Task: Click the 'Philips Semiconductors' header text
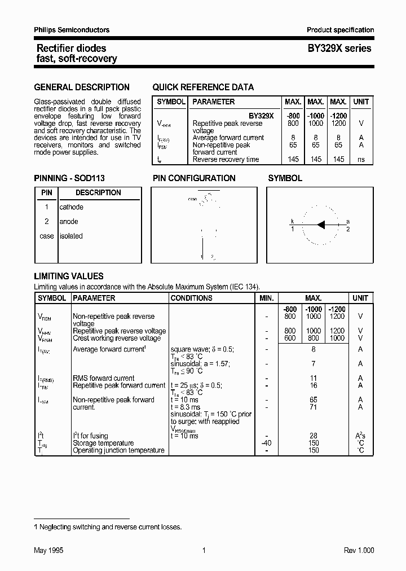pos(72,30)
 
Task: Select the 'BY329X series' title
pos(339,49)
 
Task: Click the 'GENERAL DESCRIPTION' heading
pos(82,87)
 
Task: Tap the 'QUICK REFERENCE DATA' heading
pos(203,87)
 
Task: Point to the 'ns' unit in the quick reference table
pos(361,160)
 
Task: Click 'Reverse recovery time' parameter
pos(226,160)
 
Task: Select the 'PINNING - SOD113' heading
pos(69,178)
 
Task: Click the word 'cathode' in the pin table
pos(72,208)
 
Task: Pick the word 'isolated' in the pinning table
pos(71,236)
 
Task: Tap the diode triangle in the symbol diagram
pos(321,225)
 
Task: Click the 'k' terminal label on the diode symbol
pos(292,221)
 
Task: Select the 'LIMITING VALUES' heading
pos(69,276)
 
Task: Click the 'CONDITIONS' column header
pos(192,298)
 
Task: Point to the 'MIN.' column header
pos(267,298)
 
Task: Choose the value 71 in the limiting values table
pos(314,407)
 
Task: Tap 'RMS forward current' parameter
pos(104,378)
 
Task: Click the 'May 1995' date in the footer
pos(48,551)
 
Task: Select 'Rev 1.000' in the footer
pos(359,551)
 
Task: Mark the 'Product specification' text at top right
pos(340,30)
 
